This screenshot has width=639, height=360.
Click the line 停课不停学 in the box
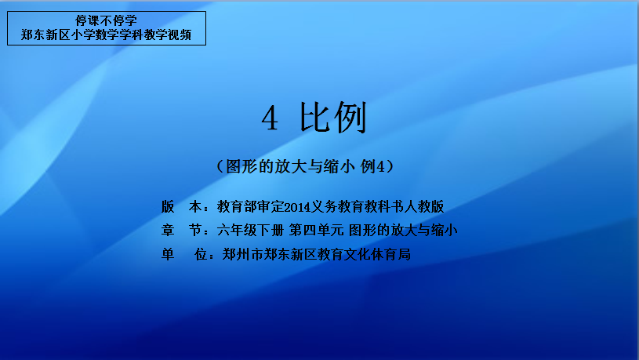click(106, 20)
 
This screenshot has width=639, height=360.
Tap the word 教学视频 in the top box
click(168, 35)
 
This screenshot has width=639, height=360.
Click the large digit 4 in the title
click(270, 118)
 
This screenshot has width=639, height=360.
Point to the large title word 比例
click(333, 118)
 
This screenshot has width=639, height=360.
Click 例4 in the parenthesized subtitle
click(372, 166)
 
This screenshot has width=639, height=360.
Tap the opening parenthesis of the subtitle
click(220, 166)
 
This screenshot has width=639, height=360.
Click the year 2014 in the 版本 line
click(297, 207)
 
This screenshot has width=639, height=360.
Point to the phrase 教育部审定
click(250, 207)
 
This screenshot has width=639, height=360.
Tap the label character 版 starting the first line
click(168, 207)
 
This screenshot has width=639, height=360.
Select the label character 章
click(168, 231)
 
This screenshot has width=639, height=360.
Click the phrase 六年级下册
click(250, 231)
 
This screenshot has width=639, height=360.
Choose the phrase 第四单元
click(316, 231)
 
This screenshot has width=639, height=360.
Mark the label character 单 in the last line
click(168, 254)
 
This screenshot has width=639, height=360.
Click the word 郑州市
click(242, 254)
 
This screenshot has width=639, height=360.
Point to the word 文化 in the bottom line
click(358, 254)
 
